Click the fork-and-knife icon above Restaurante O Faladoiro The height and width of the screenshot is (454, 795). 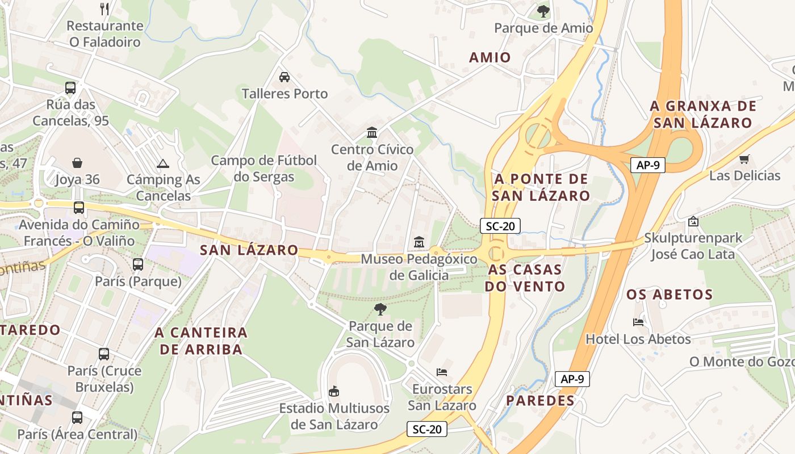(104, 9)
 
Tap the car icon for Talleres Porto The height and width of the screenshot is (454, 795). (284, 77)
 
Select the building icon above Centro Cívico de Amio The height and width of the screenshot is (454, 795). (372, 132)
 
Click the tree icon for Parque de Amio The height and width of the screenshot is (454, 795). (543, 10)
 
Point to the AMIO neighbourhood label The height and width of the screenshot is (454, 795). (490, 57)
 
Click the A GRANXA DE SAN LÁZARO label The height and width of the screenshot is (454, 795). (703, 114)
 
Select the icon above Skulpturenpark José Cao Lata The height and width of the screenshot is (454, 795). (692, 221)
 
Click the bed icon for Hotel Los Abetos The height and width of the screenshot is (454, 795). (638, 322)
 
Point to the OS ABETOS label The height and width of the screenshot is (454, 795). (669, 295)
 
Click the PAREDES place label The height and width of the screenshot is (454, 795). (540, 401)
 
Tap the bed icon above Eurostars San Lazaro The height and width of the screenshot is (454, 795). (442, 372)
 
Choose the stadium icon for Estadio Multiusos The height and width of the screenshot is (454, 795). (334, 391)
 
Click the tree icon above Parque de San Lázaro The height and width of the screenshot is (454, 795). (380, 309)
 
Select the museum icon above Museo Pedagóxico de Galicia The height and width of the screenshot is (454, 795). (419, 242)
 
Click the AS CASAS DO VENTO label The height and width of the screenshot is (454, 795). (524, 278)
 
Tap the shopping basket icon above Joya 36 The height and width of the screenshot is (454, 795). (77, 163)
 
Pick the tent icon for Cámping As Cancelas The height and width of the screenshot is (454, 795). (163, 163)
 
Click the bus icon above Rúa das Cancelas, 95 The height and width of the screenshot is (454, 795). (70, 88)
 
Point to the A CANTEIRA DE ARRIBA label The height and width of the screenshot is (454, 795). (201, 340)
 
